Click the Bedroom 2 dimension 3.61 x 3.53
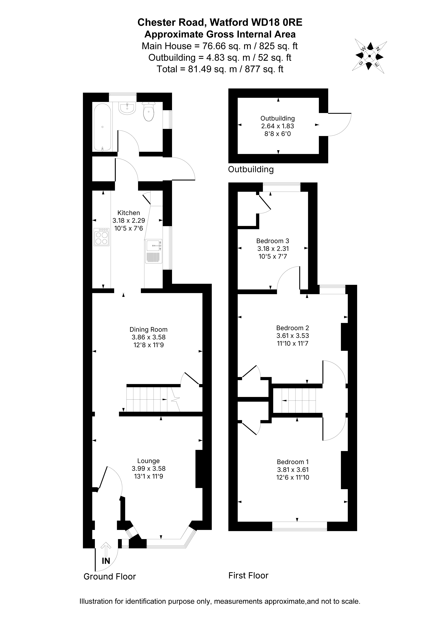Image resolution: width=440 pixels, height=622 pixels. pyautogui.click(x=293, y=336)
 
